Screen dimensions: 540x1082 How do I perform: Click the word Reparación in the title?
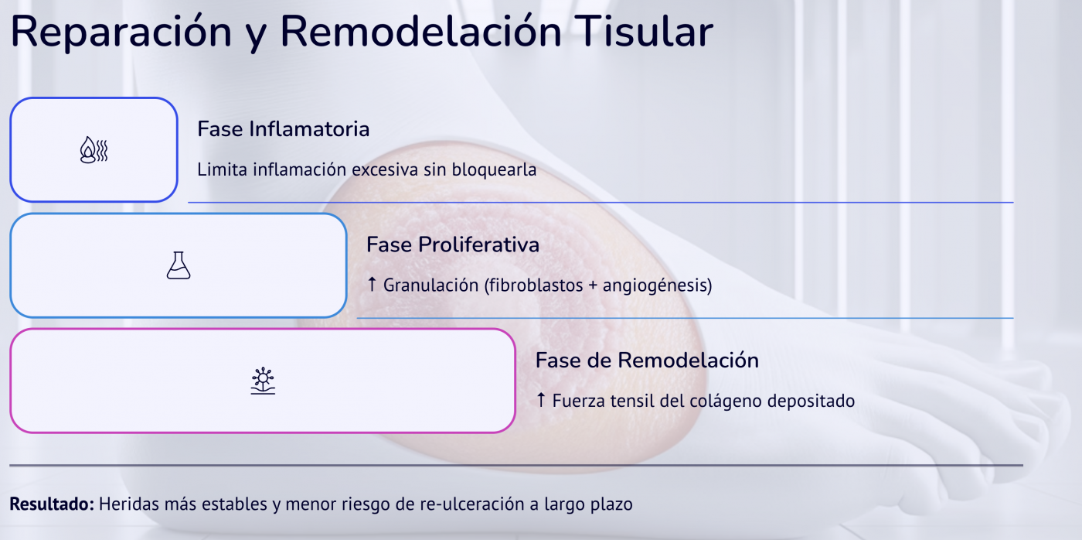tap(121, 32)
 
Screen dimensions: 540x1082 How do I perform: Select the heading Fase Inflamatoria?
tap(283, 128)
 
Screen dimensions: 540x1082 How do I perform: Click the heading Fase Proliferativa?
tap(452, 244)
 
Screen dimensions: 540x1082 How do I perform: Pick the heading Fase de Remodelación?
tap(647, 360)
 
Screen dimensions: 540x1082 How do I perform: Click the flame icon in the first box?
tap(94, 149)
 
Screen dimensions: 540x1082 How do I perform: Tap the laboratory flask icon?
tap(178, 265)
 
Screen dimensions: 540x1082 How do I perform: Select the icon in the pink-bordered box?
tap(263, 381)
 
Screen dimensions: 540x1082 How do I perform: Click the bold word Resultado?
tap(52, 504)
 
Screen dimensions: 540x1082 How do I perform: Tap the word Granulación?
tap(430, 285)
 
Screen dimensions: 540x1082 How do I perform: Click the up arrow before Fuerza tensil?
tap(541, 401)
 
